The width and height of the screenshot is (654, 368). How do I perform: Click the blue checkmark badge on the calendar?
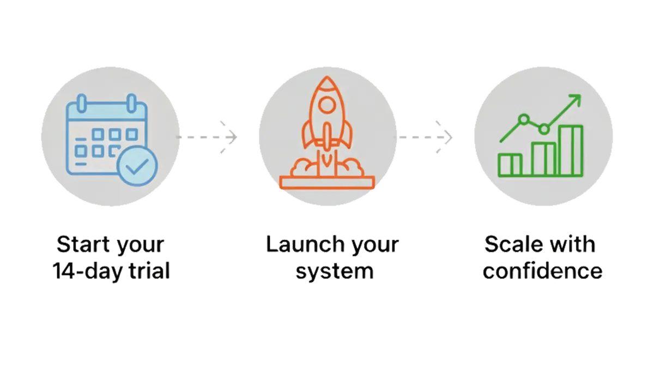click(137, 166)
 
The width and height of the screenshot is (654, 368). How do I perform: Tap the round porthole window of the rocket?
click(326, 105)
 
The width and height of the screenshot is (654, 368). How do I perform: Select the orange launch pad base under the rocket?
click(327, 182)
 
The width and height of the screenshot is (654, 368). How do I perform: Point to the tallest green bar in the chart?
click(571, 150)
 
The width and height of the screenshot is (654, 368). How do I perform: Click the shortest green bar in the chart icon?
click(510, 165)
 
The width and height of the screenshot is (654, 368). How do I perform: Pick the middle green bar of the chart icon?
click(543, 159)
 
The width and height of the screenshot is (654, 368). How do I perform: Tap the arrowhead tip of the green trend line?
click(580, 95)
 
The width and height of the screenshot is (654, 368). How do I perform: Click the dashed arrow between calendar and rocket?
click(207, 137)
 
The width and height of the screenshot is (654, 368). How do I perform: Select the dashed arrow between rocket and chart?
click(423, 137)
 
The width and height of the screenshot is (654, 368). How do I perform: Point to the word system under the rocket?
click(335, 272)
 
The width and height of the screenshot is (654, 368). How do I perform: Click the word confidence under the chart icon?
click(542, 270)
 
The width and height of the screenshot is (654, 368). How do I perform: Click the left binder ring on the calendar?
click(82, 103)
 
